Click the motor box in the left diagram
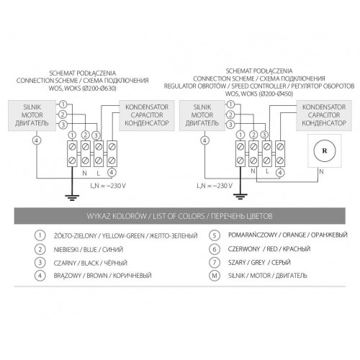pos(32,115)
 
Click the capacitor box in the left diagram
pos(147,115)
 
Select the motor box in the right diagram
pos(202,115)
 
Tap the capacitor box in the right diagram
pos(324,115)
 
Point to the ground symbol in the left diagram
pos(72,198)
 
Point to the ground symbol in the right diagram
pos(240,197)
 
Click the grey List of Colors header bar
pos(180,216)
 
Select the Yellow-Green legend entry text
pos(125,235)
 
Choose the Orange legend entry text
pos(288,235)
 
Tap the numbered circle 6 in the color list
pos(215,249)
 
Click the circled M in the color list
pos(215,276)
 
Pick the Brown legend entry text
pos(102,276)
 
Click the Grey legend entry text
pos(259,262)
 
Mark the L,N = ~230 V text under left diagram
pos(108,186)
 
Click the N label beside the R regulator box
pos(321,172)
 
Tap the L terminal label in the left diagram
pos(98,173)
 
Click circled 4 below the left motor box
pos(37,140)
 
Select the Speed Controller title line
pos(259,86)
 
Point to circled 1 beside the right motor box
pos(230,104)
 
